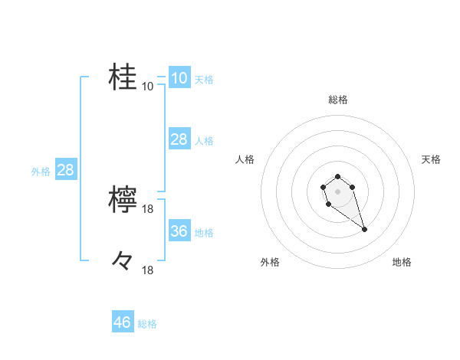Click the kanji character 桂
click(x=123, y=77)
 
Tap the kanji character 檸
click(x=123, y=200)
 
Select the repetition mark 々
click(x=123, y=261)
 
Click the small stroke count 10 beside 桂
click(x=148, y=86)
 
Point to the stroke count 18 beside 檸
click(x=148, y=209)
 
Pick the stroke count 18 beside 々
click(x=148, y=270)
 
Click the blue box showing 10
click(x=179, y=78)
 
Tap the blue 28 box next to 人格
click(x=179, y=139)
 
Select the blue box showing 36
click(x=179, y=231)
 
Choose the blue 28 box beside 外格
click(x=65, y=170)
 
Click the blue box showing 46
click(x=123, y=322)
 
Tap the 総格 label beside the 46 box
click(x=147, y=324)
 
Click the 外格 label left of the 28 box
click(x=41, y=172)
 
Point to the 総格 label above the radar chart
click(x=337, y=100)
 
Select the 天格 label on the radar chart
click(x=431, y=159)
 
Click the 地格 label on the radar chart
click(x=402, y=262)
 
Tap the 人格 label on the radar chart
click(x=245, y=159)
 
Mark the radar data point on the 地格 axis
click(x=364, y=230)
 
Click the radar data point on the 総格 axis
click(x=337, y=177)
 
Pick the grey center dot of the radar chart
click(x=337, y=191)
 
